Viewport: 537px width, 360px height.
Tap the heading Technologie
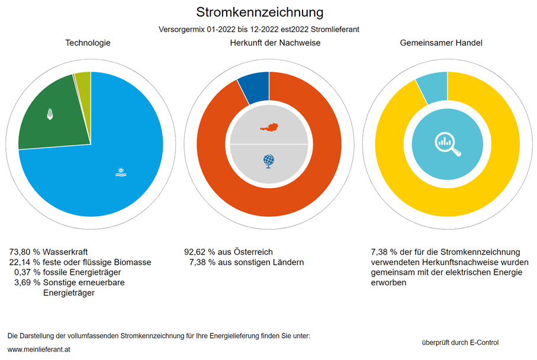pos(88,43)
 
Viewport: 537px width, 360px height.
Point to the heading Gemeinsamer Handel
pos(441,43)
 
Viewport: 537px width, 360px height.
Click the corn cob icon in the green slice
pos(50,114)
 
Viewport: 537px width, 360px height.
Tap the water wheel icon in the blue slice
pos(121,172)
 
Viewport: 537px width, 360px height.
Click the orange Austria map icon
pos(269,127)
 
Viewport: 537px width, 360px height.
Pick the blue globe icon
pos(269,160)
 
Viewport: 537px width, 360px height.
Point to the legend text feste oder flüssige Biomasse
pos(97,262)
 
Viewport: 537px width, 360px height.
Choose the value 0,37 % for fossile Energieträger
pos(27,272)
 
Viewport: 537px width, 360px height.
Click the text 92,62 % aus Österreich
pos(229,252)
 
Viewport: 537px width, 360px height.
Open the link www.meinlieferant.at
pos(39,349)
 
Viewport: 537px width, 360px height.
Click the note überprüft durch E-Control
pos(460,342)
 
